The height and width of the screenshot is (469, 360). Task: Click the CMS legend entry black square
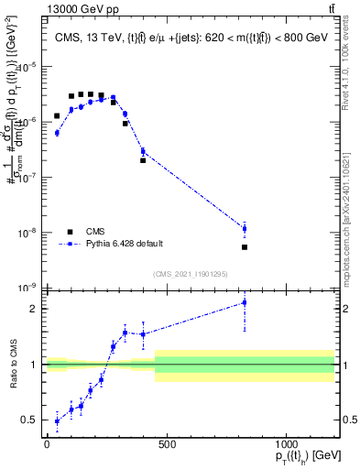pyautogui.click(x=70, y=232)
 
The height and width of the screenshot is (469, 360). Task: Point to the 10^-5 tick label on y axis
pyautogui.click(x=28, y=67)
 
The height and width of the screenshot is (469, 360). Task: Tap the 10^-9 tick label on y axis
pyautogui.click(x=28, y=288)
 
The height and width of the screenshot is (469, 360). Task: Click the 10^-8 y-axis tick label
pyautogui.click(x=28, y=233)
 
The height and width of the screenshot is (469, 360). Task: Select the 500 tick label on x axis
pyautogui.click(x=167, y=445)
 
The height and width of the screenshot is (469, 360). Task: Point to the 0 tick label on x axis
pyautogui.click(x=47, y=445)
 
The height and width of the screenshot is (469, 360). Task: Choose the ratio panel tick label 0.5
pyautogui.click(x=31, y=420)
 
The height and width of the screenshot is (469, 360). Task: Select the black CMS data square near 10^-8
pyautogui.click(x=245, y=247)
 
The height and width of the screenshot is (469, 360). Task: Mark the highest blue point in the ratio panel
pyautogui.click(x=245, y=302)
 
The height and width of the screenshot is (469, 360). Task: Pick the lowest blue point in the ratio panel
pyautogui.click(x=57, y=421)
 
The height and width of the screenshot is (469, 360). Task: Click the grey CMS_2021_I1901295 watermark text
pyautogui.click(x=191, y=274)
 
